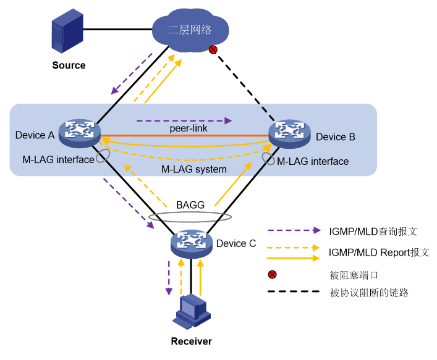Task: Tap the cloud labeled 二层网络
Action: point(190,28)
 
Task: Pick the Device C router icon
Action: point(192,243)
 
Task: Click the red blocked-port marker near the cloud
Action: point(213,49)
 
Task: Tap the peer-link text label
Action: point(188,128)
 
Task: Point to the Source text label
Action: point(69,65)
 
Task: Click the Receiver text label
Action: point(192,341)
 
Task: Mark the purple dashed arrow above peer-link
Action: point(185,120)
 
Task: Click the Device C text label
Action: point(235,243)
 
